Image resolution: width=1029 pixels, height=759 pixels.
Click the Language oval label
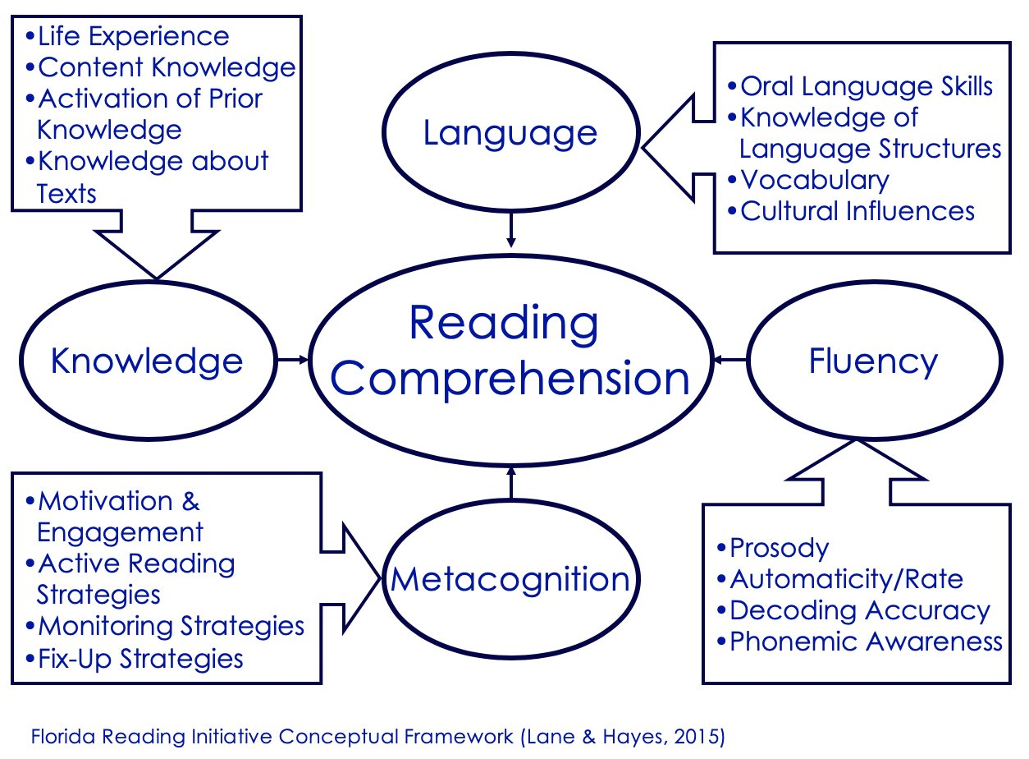(510, 133)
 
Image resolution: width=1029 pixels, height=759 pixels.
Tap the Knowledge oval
(147, 361)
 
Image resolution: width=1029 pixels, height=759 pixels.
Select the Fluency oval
(872, 361)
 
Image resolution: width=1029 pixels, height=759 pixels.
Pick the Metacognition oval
(510, 580)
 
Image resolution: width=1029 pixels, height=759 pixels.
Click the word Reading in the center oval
(504, 323)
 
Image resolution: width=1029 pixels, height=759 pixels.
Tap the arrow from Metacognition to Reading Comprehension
(510, 484)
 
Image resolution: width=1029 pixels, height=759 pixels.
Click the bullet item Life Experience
(133, 36)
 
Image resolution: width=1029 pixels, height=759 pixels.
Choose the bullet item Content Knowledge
(166, 67)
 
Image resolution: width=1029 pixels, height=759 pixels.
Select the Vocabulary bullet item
(814, 180)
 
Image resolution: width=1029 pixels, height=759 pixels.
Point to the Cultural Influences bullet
(857, 211)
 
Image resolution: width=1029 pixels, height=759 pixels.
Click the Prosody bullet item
(779, 548)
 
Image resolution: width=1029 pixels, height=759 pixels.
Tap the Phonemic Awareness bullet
(865, 642)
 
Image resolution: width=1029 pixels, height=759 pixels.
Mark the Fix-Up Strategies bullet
(140, 658)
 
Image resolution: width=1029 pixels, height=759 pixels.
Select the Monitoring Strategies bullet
(171, 626)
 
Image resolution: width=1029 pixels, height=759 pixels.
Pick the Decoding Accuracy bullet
(859, 610)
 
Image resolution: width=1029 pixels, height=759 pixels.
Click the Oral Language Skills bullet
(867, 86)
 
